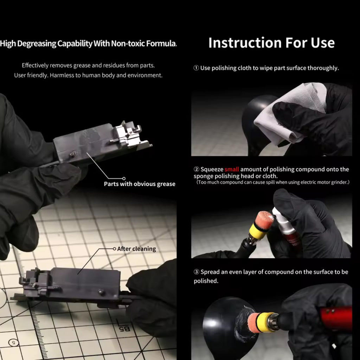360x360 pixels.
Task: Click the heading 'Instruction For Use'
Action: pos(271,43)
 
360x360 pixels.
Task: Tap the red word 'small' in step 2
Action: pos(232,169)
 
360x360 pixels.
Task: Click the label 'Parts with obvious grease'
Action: pos(140,184)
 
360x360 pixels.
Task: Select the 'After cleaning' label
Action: pos(136,249)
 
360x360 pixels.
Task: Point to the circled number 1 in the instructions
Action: pos(196,68)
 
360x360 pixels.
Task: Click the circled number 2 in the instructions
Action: pos(196,169)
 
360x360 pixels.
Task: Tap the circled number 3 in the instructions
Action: pos(196,272)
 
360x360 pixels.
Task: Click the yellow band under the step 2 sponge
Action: pos(257,231)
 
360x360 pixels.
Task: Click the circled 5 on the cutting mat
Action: pos(13,343)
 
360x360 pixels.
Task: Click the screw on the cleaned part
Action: pos(101,292)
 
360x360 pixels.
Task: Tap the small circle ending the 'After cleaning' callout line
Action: pos(114,249)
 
